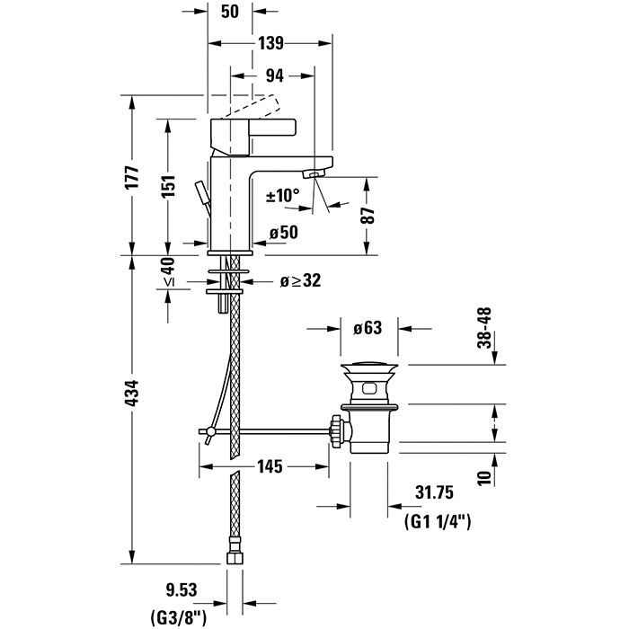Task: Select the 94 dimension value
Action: (x=276, y=76)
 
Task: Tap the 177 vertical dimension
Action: (x=132, y=176)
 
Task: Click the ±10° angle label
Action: (x=283, y=195)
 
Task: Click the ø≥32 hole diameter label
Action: (x=299, y=281)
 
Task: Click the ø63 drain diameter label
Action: (x=368, y=328)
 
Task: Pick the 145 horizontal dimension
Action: (x=270, y=466)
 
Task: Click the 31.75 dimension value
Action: (x=435, y=492)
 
